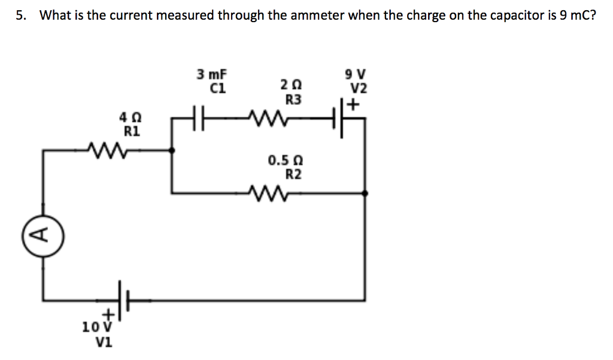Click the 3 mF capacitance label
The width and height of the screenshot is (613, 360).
[212, 75]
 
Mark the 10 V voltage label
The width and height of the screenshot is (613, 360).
[94, 327]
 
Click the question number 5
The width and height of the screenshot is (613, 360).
[20, 16]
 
